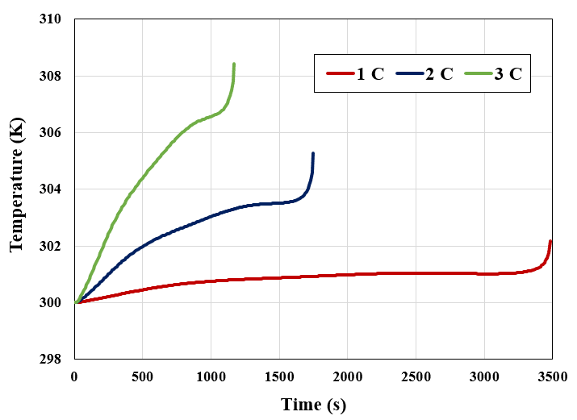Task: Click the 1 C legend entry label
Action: tap(371, 74)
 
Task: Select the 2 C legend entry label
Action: tap(439, 74)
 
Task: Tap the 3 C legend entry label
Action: tap(508, 74)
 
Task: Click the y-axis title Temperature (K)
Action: tap(16, 189)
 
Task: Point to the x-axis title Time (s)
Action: tap(313, 404)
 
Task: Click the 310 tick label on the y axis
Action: tap(51, 20)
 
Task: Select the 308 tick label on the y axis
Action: tap(51, 77)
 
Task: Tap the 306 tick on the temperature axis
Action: tap(51, 133)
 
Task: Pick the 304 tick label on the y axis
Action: tap(51, 189)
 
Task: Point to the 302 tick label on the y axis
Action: tap(51, 246)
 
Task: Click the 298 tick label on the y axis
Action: tap(51, 359)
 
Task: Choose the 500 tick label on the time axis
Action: tap(143, 375)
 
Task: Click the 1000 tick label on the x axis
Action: tap(211, 375)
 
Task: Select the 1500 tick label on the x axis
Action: tap(279, 375)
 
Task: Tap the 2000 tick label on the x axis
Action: tap(347, 375)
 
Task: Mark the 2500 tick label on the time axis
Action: tap(416, 375)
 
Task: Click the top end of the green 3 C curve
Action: tap(234, 64)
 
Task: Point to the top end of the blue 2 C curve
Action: tap(312, 153)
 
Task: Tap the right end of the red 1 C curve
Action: tap(550, 241)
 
